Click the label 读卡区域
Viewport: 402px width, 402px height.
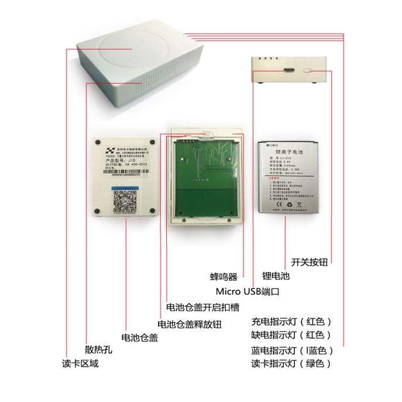[81, 363]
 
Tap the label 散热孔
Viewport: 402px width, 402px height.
[98, 350]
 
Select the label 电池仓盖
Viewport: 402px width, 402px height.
[139, 338]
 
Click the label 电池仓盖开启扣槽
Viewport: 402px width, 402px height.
[202, 307]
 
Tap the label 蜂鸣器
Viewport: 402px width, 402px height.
[224, 276]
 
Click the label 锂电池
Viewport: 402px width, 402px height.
[276, 275]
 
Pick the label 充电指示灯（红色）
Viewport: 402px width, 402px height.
[291, 321]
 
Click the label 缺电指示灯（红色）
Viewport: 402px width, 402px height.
[291, 335]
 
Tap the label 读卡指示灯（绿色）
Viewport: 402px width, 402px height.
[291, 363]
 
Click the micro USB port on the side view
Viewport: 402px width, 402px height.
[286, 70]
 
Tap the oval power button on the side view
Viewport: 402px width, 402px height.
[311, 70]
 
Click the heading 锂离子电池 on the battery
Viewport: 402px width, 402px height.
[286, 151]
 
